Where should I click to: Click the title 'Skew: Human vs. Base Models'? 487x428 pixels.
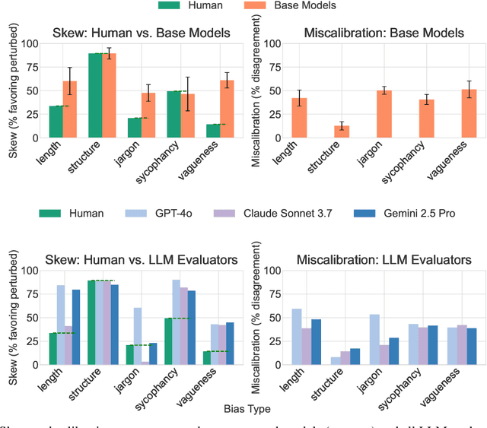pos(137,33)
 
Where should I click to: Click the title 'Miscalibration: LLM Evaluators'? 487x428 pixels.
pos(384,260)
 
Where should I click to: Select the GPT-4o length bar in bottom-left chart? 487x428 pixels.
pos(60,325)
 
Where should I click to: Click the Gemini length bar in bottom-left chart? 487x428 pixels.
pos(76,327)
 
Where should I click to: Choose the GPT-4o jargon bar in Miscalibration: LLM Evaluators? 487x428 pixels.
pos(374,339)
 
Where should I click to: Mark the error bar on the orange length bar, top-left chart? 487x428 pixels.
pos(70,81)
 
